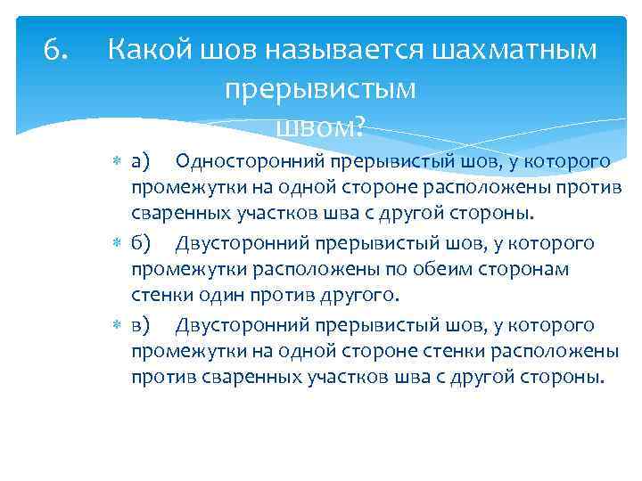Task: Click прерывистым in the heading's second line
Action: (x=320, y=90)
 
